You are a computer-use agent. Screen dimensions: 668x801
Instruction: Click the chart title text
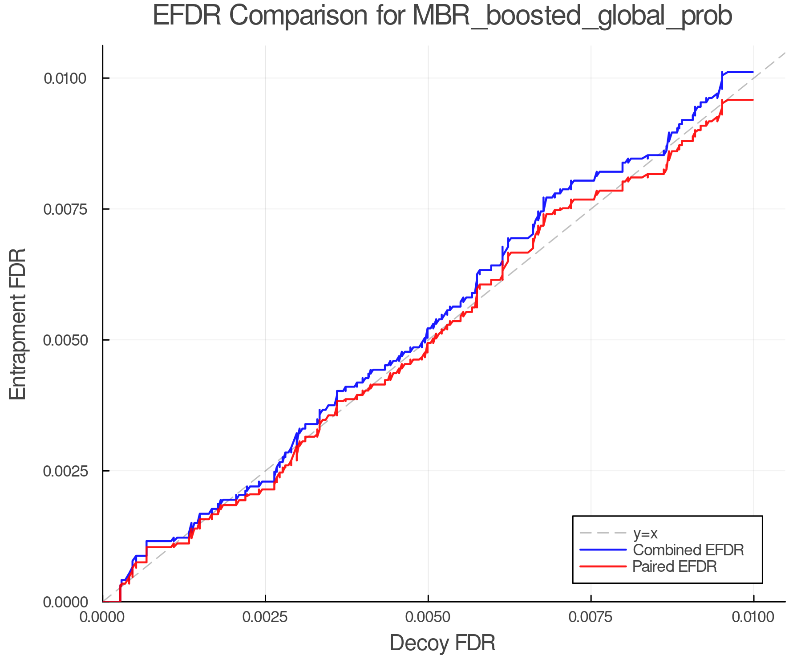click(x=442, y=16)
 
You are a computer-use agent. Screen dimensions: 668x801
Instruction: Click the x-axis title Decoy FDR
click(x=442, y=643)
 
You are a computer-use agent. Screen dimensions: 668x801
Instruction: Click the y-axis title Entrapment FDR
click(x=18, y=324)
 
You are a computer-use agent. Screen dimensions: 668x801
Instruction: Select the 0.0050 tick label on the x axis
click(x=428, y=617)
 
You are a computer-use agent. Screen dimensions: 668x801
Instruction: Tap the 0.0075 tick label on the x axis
click(x=591, y=617)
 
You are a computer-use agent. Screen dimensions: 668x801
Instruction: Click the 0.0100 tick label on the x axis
click(x=753, y=617)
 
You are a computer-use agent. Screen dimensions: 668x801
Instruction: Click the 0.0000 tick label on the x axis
click(x=103, y=617)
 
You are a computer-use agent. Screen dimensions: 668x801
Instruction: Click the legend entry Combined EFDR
click(x=688, y=550)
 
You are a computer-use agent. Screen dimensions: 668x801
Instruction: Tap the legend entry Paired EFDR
click(x=675, y=566)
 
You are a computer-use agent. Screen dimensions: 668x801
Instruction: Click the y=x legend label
click(x=645, y=533)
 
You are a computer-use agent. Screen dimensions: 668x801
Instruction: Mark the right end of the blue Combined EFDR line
click(x=752, y=72)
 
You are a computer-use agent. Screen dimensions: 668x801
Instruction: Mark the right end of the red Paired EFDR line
click(x=752, y=100)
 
